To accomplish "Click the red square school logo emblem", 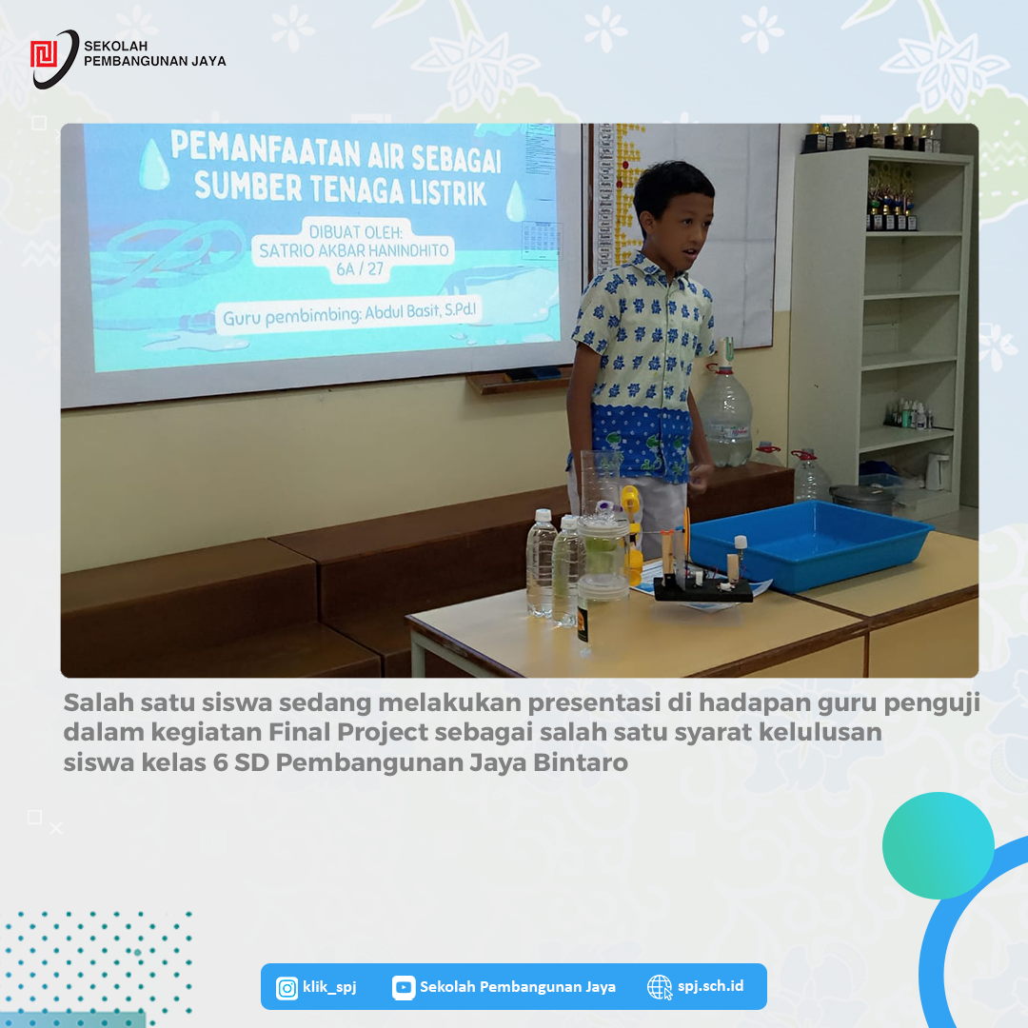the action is tap(44, 53).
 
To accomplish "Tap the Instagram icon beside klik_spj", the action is tap(287, 987).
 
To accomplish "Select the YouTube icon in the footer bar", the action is tap(404, 987).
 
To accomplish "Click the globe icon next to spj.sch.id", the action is tap(660, 987).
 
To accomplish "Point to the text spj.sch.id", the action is tap(711, 986).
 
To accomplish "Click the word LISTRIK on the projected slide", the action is tap(448, 192).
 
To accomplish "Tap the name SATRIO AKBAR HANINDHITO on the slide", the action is tap(354, 250).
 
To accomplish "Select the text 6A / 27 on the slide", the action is tap(359, 268).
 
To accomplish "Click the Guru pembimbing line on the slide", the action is tap(349, 314).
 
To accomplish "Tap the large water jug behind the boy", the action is tap(725, 412).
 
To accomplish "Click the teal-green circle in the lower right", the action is tap(939, 845).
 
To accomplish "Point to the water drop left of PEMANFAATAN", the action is tap(155, 164).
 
